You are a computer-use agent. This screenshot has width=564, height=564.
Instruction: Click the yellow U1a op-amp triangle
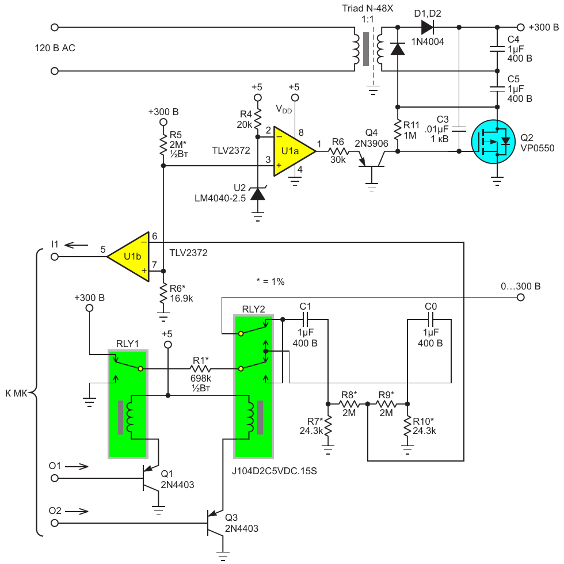coord(291,151)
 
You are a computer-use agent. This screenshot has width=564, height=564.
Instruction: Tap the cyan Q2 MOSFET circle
coord(493,142)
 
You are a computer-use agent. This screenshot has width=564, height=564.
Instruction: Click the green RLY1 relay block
coord(128,404)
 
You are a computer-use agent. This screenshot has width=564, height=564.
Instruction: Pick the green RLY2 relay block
coord(253,387)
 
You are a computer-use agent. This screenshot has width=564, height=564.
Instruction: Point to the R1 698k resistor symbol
coord(200,369)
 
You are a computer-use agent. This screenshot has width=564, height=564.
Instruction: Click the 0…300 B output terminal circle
coord(520,298)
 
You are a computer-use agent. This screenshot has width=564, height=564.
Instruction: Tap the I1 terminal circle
coord(55,257)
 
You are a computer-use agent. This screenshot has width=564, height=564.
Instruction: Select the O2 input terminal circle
coord(55,523)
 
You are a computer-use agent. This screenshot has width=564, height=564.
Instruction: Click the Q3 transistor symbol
coord(214,523)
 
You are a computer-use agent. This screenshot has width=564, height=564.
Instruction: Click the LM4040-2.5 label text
coord(220,198)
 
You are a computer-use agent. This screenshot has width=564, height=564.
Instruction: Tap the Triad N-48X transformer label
coord(367,8)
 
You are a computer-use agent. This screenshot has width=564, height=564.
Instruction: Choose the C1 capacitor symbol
coord(306,319)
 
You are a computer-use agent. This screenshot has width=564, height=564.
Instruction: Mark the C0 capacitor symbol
coord(430,319)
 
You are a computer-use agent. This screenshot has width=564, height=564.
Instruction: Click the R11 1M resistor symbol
coord(398,129)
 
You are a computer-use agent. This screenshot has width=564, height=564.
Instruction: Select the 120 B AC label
coord(55,48)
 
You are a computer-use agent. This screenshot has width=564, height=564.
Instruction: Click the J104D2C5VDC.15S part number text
coord(274,471)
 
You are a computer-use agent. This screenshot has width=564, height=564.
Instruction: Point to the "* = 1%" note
coord(270,281)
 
